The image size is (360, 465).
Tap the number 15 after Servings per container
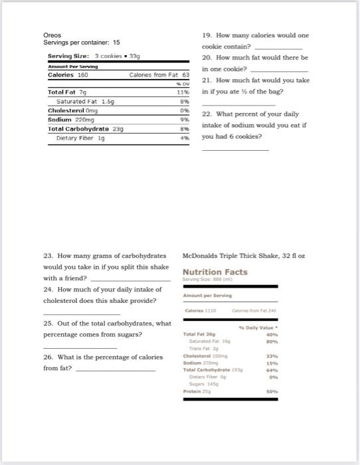pos(116,43)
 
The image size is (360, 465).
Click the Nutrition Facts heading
pos(215,272)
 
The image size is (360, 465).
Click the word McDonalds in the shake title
pos(199,256)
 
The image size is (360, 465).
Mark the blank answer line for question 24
pos(82,314)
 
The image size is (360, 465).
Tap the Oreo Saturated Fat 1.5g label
pos(86,102)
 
